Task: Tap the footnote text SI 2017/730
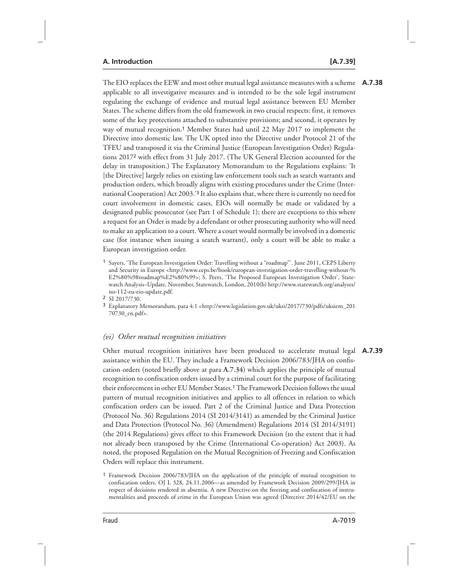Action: coord(124,297)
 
